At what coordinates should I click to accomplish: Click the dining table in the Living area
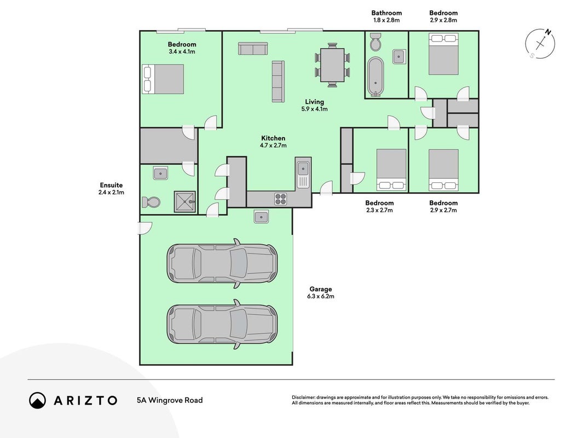[333, 65]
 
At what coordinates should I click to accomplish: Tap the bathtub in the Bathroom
[375, 77]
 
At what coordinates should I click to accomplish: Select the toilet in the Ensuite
[151, 202]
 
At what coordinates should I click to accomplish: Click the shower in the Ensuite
[185, 201]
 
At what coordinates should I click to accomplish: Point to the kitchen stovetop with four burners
[280, 199]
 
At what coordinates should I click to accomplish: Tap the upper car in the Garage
[222, 263]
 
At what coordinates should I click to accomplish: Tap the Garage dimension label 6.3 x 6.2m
[321, 296]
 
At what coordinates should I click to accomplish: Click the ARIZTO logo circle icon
[38, 400]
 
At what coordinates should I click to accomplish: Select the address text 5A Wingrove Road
[170, 400]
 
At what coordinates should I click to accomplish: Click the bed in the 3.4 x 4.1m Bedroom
[163, 79]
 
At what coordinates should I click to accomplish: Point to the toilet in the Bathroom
[375, 42]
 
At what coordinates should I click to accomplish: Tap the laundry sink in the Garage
[262, 216]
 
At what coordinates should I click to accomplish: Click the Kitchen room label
[273, 138]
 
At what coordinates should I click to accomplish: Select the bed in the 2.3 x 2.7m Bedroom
[391, 170]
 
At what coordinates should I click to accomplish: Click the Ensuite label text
[111, 185]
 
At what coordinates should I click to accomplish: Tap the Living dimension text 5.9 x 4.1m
[314, 109]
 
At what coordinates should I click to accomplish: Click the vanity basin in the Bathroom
[399, 56]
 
